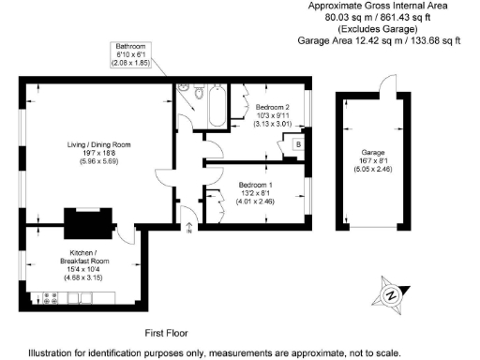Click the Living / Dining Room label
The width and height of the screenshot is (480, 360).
97,145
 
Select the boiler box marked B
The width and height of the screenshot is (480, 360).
297,143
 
